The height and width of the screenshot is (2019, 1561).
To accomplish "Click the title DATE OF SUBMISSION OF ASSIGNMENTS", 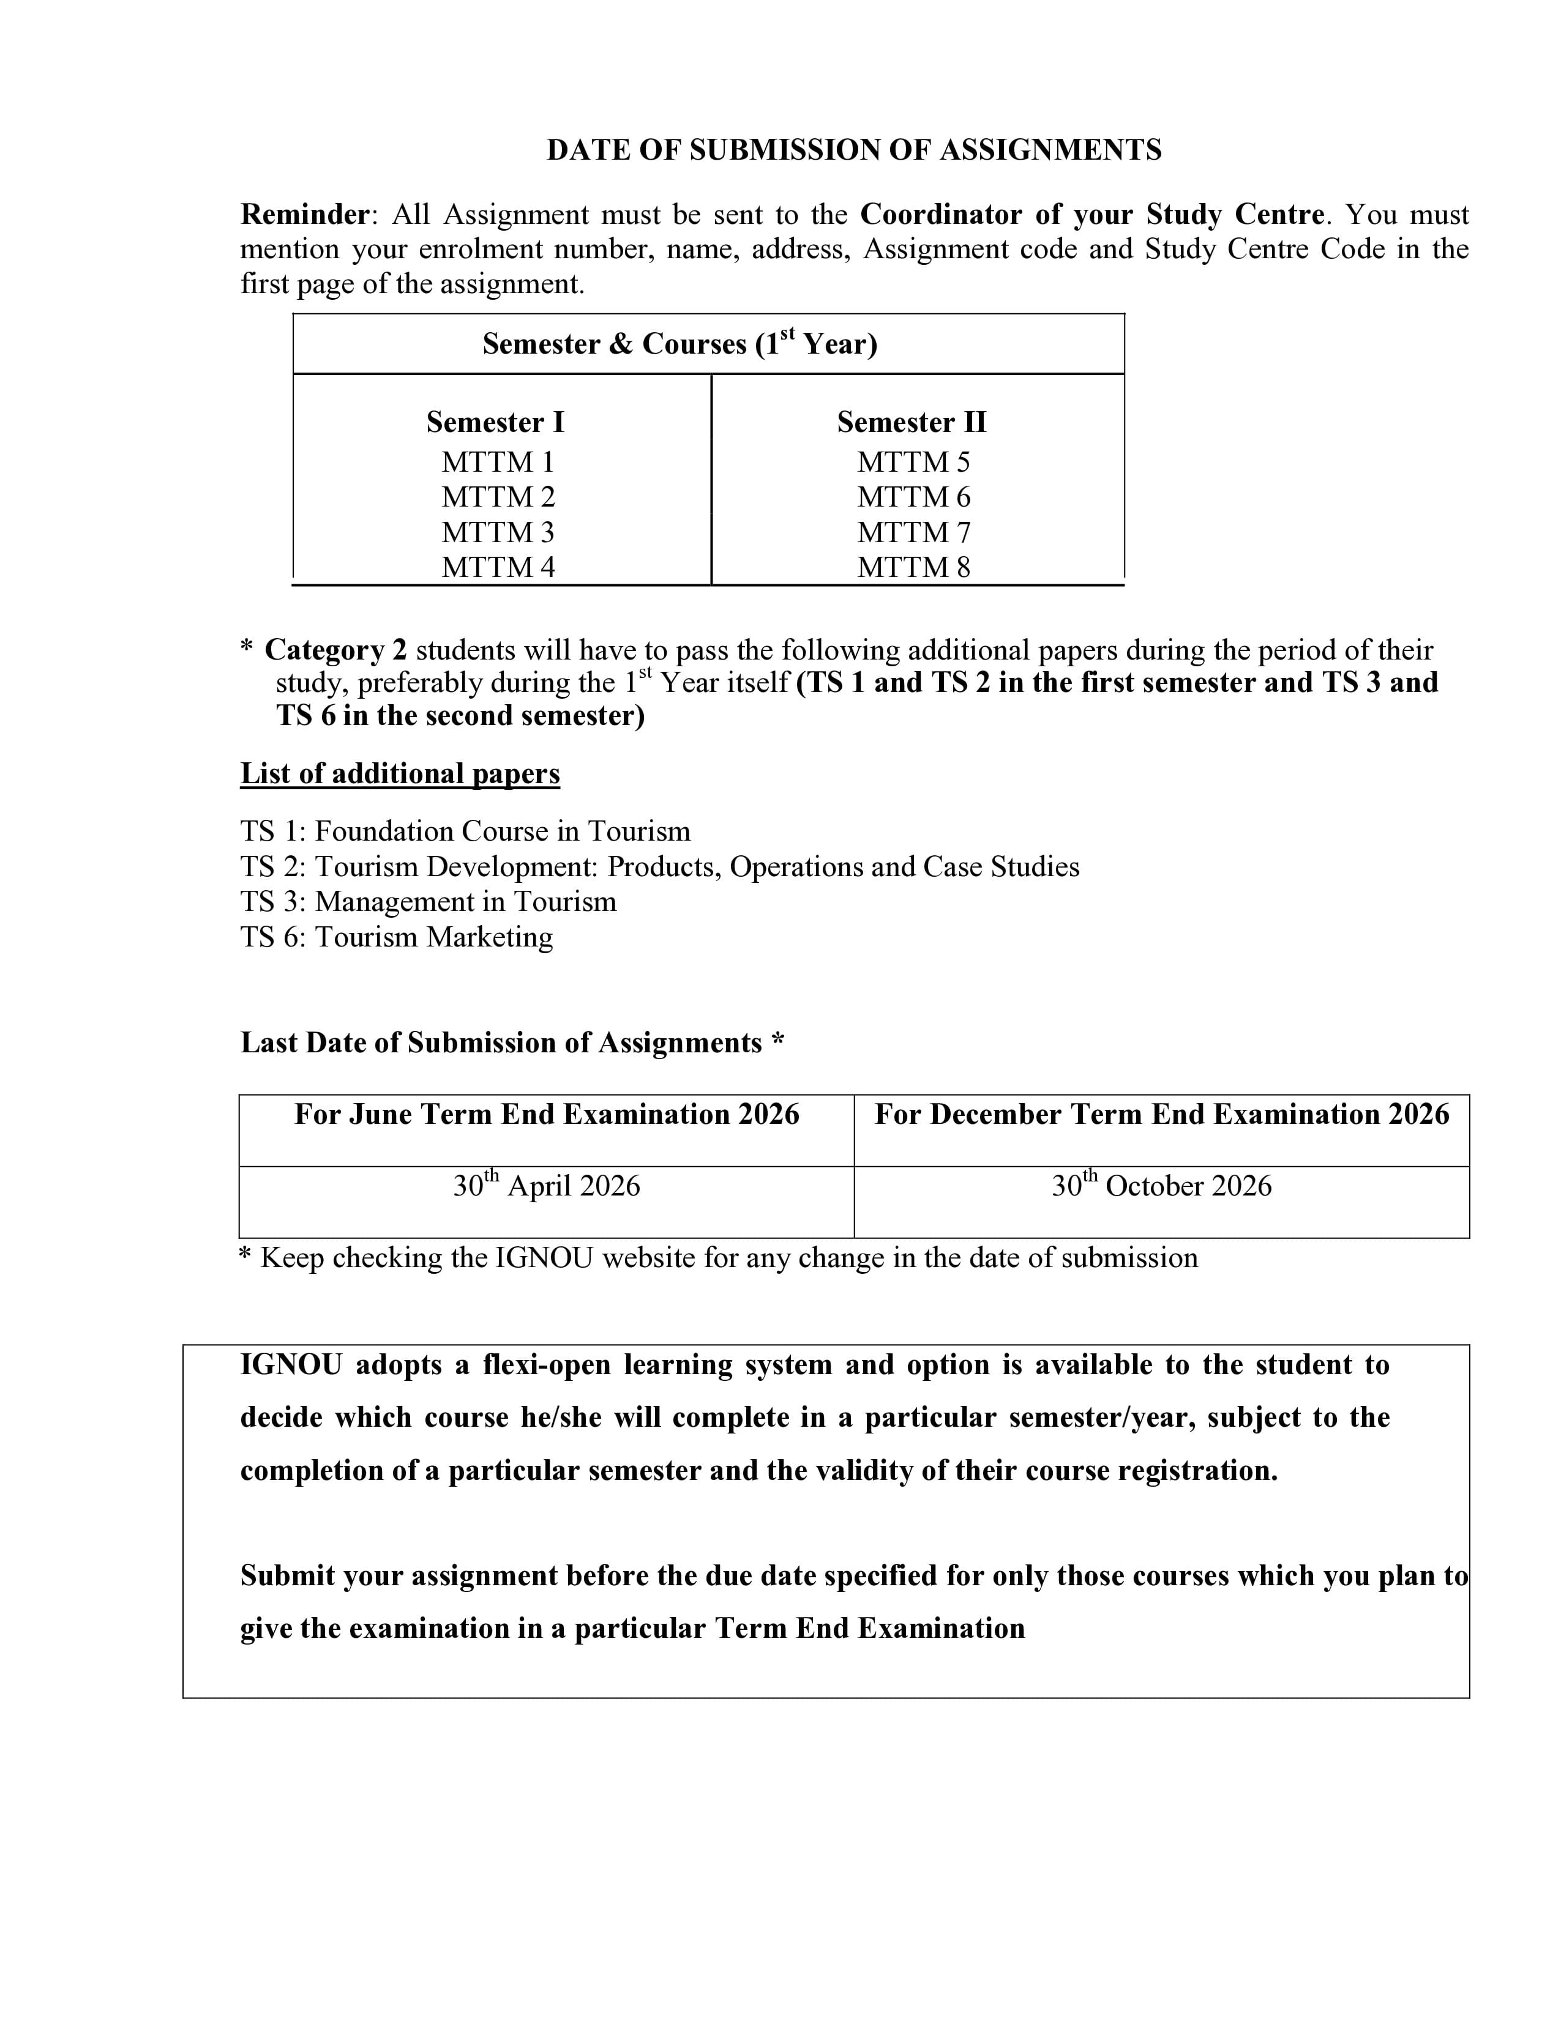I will point(853,150).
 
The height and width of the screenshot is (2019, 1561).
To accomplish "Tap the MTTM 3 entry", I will point(498,532).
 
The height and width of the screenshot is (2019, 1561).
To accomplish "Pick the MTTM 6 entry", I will point(913,497).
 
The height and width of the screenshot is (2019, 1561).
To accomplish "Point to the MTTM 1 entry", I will point(498,462).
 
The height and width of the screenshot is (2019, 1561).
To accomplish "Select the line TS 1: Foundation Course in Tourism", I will point(465,831).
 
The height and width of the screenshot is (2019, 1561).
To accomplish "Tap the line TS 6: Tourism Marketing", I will point(397,937).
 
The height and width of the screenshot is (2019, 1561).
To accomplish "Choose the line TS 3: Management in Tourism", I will point(428,901).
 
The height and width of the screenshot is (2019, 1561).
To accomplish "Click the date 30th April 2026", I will point(545,1185).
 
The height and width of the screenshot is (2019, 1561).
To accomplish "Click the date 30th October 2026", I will point(1161,1185).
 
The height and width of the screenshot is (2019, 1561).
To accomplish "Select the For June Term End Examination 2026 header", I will point(545,1114).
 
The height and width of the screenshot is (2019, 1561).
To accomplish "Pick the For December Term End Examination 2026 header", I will point(1161,1114).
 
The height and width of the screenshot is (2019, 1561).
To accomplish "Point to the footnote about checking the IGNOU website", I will point(717,1257).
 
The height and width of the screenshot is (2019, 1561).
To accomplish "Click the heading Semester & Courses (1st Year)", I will point(679,344).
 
